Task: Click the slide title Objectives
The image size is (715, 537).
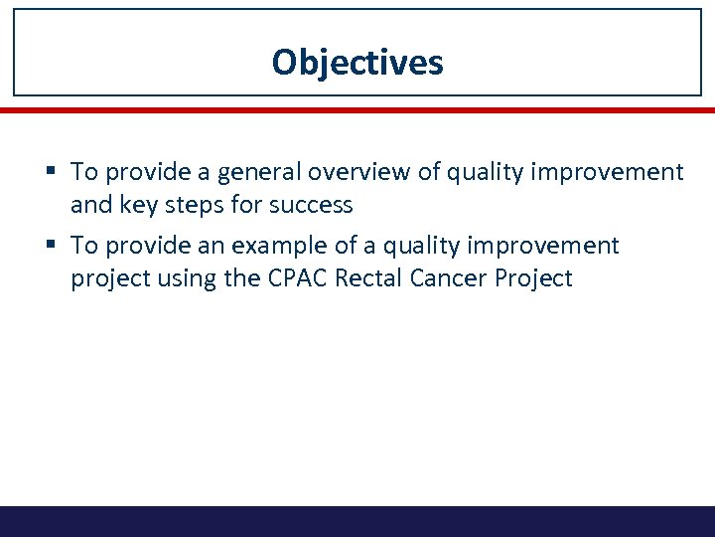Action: pyautogui.click(x=357, y=63)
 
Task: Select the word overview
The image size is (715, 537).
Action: pyautogui.click(x=354, y=173)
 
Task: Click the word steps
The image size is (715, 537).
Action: pyautogui.click(x=197, y=206)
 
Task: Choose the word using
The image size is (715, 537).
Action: pyautogui.click(x=189, y=278)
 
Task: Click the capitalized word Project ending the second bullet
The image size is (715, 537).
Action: pyautogui.click(x=537, y=278)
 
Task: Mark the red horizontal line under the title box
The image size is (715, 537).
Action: pyautogui.click(x=357, y=110)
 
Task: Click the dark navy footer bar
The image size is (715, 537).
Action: pyautogui.click(x=357, y=521)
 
